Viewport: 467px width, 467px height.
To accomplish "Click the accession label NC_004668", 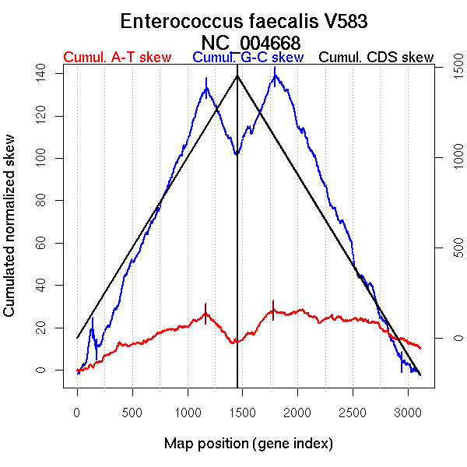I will (x=249, y=42).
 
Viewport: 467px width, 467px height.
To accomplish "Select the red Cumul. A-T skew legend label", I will (x=117, y=58).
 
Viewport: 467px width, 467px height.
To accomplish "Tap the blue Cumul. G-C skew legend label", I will (x=248, y=58).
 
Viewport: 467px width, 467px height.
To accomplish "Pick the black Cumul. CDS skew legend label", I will (x=376, y=58).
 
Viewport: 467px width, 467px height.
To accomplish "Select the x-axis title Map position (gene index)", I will (x=248, y=444).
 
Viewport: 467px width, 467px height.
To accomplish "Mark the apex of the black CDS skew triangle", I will (x=237, y=75).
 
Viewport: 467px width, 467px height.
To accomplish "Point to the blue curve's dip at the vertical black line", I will (x=237, y=154).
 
